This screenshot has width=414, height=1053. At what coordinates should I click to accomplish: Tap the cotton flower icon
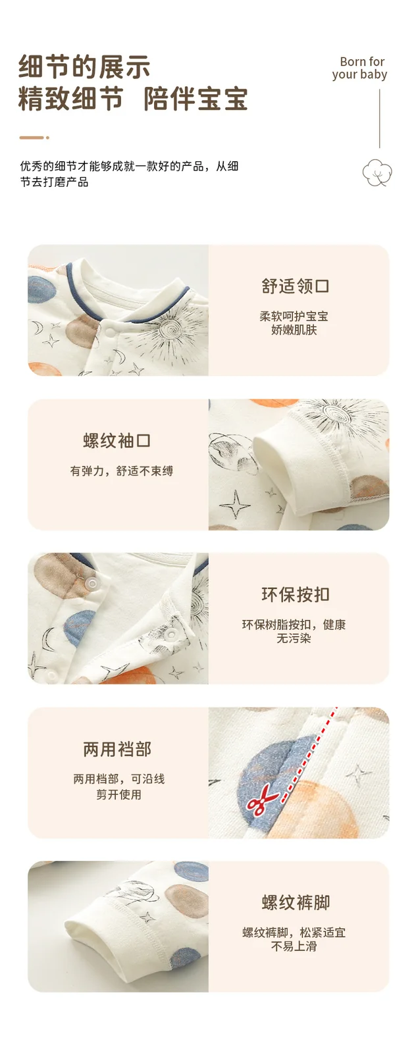377,172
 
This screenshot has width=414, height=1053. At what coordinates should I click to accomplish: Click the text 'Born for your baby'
359,68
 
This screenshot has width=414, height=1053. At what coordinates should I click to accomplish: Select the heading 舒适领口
295,286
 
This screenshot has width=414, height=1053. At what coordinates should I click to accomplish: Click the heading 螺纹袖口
117,441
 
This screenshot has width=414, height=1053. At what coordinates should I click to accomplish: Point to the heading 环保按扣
295,595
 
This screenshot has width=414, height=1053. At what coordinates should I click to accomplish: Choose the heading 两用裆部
117,750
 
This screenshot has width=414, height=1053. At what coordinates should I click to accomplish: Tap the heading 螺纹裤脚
295,902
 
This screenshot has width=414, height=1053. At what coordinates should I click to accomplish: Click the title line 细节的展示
84,66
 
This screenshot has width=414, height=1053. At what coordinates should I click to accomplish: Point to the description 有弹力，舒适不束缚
121,471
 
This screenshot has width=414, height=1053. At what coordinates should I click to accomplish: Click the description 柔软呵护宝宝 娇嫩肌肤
294,323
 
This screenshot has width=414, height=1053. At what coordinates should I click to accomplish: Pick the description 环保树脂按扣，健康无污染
294,631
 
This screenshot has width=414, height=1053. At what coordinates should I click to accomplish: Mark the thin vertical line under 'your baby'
379,119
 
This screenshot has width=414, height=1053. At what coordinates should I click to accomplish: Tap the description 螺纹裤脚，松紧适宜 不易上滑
294,939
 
